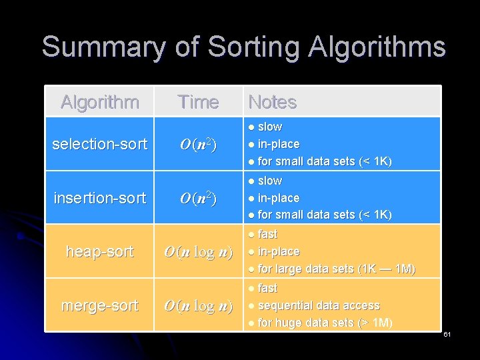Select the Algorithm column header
point(99,102)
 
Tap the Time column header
point(198,102)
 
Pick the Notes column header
point(272,102)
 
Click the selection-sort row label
point(99,143)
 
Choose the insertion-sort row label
point(99,197)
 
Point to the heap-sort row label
point(99,251)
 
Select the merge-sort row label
point(99,305)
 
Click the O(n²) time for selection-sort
point(198,144)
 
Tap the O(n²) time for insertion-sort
point(198,198)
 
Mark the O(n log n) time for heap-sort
point(198,252)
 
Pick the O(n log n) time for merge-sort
point(198,306)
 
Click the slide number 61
point(447,333)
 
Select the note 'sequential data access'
point(318,305)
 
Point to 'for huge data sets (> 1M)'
point(325,323)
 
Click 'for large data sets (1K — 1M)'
point(336,269)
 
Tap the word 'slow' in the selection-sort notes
point(269,127)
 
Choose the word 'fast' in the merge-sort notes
point(267,288)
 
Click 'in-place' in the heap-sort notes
point(278,251)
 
